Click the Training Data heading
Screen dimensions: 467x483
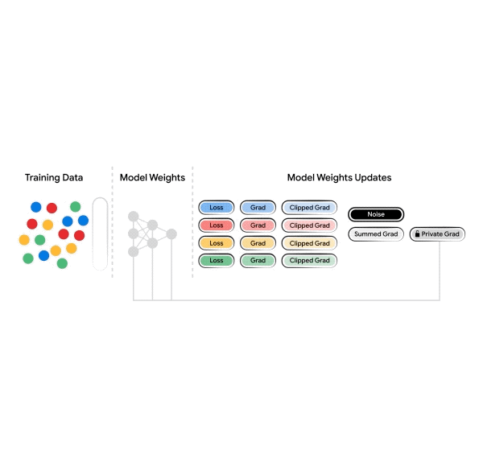click(x=54, y=177)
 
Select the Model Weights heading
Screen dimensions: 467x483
click(x=152, y=177)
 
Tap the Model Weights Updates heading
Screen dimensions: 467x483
click(x=339, y=177)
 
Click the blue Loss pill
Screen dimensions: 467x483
click(x=217, y=208)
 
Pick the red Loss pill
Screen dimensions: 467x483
click(x=217, y=225)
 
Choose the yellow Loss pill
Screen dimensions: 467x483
click(x=217, y=243)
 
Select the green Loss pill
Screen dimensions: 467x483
click(x=217, y=261)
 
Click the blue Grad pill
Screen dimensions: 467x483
click(x=258, y=208)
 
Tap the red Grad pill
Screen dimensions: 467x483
click(x=258, y=225)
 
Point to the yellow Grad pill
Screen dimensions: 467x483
click(x=258, y=243)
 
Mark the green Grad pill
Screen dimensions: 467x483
click(x=258, y=261)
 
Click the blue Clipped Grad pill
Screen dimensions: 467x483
click(x=309, y=208)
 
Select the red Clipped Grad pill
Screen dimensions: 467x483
click(x=309, y=225)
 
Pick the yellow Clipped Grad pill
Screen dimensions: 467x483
click(x=309, y=243)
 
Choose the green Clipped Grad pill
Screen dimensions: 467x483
click(x=309, y=261)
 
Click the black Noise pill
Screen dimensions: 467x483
click(x=376, y=214)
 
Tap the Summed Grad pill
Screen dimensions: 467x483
click(x=376, y=234)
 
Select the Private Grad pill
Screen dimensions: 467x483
click(x=437, y=234)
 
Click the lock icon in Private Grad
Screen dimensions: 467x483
click(x=417, y=234)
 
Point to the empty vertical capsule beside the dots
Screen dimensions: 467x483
click(x=100, y=233)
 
